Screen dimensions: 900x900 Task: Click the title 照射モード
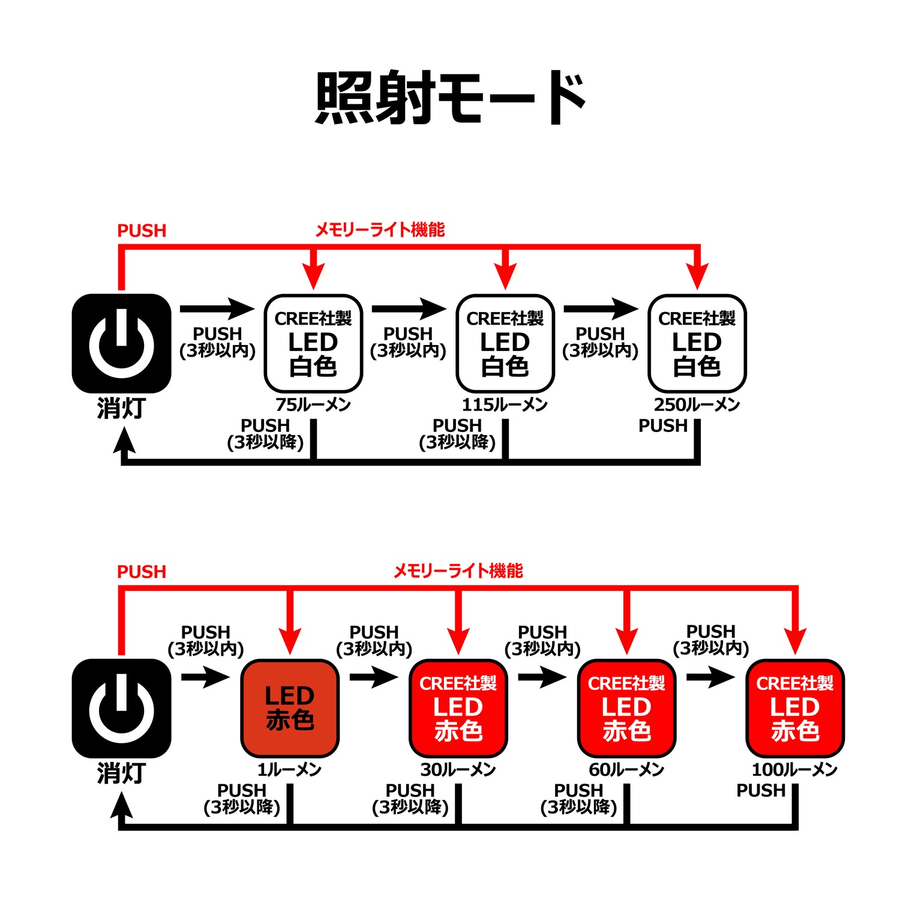click(x=450, y=98)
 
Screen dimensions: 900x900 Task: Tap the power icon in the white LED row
click(x=122, y=343)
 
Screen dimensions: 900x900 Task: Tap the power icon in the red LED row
click(x=122, y=708)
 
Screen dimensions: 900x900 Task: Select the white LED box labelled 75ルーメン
click(x=313, y=343)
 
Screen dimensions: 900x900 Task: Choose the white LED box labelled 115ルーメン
click(x=505, y=343)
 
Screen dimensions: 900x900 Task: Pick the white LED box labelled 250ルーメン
click(x=697, y=343)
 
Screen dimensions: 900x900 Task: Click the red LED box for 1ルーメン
click(x=290, y=708)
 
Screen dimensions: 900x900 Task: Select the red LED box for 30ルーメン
click(x=458, y=708)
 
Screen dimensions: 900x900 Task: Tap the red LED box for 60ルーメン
click(x=627, y=708)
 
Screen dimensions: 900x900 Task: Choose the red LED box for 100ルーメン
click(x=795, y=708)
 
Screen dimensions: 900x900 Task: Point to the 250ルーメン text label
click(x=697, y=405)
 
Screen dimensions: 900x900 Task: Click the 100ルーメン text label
click(x=794, y=770)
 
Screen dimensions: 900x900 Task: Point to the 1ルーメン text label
click(x=290, y=770)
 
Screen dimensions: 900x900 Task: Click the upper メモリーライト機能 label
click(x=380, y=230)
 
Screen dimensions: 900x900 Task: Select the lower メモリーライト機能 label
click(x=458, y=571)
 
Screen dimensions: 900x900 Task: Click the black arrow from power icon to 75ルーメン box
click(x=217, y=309)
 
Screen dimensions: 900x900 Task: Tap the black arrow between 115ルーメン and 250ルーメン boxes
click(x=601, y=309)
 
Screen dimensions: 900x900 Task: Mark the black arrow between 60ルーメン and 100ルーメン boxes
click(x=710, y=677)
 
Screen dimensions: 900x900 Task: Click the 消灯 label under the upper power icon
click(x=122, y=409)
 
